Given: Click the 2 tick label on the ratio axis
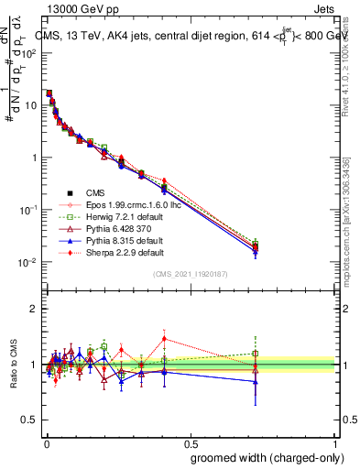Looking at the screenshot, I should coord(33,309).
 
